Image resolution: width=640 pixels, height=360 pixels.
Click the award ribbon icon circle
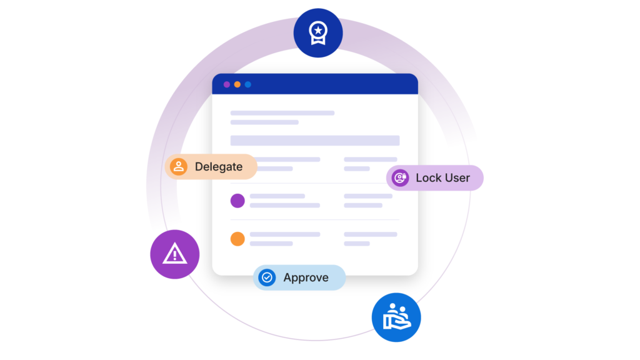318,32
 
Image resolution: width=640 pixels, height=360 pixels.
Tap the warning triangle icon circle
174,254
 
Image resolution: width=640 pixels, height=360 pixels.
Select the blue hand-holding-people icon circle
396,317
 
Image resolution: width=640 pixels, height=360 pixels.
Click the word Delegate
218,167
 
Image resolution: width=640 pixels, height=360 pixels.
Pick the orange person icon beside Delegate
179,167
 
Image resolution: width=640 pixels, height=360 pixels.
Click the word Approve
306,277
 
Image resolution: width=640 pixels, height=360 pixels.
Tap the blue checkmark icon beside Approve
267,277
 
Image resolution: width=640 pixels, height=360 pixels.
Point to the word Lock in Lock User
429,178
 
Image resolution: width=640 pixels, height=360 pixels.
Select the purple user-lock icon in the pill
400,178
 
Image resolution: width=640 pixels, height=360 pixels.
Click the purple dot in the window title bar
227,84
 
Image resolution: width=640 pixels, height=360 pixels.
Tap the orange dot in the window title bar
237,84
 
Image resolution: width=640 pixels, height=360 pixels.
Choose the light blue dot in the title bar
248,84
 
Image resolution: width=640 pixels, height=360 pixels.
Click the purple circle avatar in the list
237,201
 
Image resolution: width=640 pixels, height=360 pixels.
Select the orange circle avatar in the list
237,239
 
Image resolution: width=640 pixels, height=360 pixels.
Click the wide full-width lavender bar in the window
315,141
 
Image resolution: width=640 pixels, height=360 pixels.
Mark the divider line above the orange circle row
314,220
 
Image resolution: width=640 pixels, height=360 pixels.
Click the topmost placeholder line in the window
282,113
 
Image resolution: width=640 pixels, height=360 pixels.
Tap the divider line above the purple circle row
314,183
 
